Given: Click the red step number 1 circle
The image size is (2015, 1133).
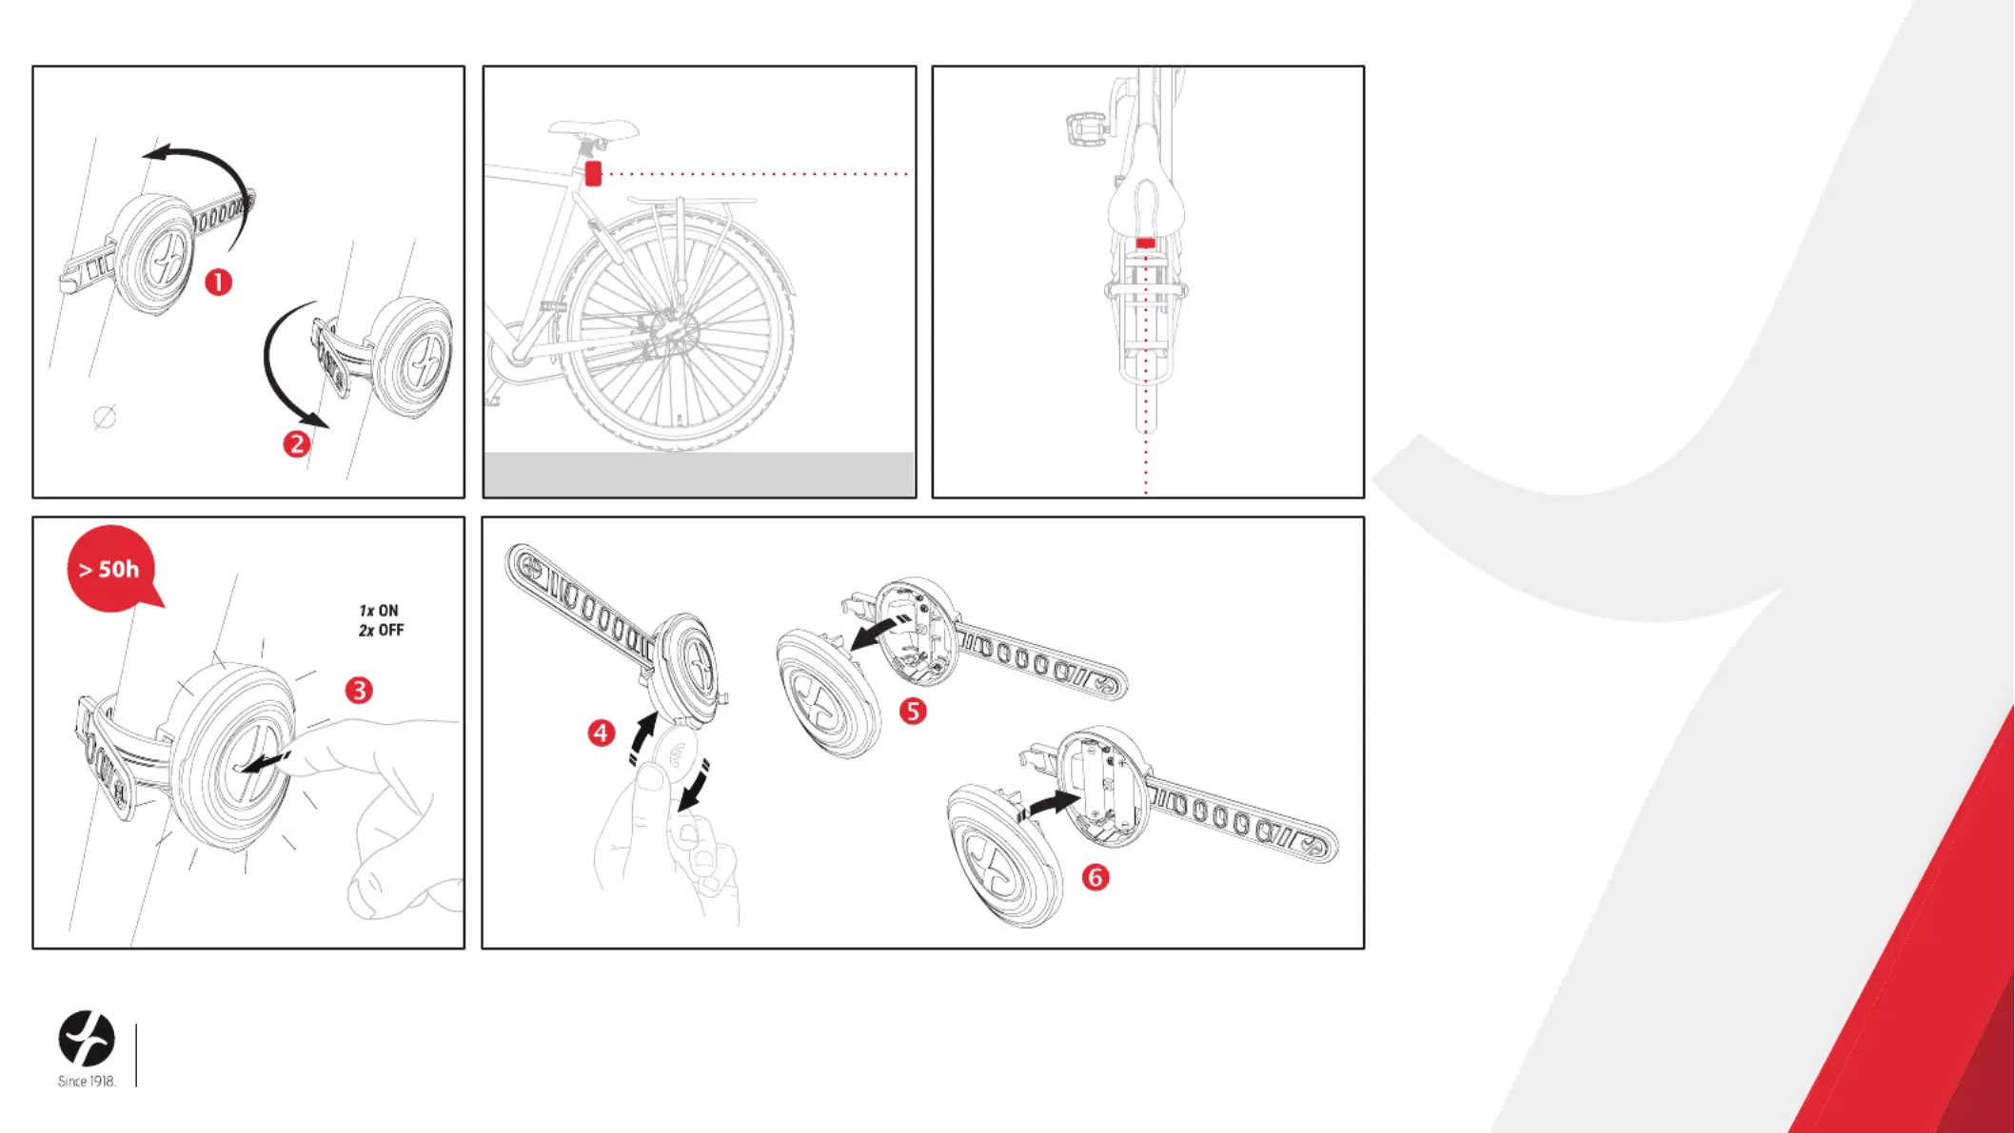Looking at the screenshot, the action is [x=219, y=283].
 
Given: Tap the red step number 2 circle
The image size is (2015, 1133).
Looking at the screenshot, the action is [x=297, y=444].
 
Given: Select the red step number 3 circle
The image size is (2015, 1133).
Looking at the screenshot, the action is [x=359, y=691].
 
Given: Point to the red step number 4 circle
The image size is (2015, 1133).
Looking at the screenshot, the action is [x=602, y=733].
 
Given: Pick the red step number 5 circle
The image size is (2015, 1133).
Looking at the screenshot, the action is [x=913, y=712].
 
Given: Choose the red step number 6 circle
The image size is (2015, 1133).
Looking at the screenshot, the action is [x=1096, y=877].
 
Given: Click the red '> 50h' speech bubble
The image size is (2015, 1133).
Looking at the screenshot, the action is [x=110, y=569].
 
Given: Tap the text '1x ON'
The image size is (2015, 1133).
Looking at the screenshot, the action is [x=379, y=611].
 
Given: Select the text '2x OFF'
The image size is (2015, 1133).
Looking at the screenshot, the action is [x=382, y=631].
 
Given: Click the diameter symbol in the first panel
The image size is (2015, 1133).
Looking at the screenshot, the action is [x=105, y=417].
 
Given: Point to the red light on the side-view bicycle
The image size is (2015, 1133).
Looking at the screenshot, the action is [x=593, y=174].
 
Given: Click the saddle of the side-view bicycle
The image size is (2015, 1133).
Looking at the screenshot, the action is [x=593, y=129].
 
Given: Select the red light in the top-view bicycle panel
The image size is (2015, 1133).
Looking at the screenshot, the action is [x=1145, y=244].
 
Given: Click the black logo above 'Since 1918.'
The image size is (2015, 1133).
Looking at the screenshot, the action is [x=87, y=1039].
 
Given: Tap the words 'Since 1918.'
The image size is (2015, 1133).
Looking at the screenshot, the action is [x=87, y=1082].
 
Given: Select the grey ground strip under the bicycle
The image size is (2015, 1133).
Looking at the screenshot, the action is [x=700, y=474].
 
